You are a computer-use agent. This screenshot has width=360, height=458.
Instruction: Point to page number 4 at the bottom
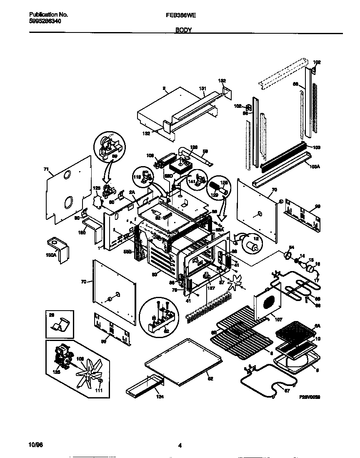click(180, 446)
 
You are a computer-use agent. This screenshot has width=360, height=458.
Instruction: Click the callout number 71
click(46, 169)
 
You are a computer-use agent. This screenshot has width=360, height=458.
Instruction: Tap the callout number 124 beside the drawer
click(160, 397)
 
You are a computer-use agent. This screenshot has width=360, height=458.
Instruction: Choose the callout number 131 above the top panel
click(202, 88)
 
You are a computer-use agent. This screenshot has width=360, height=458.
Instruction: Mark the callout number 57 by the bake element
click(287, 391)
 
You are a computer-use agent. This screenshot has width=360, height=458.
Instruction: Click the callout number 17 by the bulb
click(317, 280)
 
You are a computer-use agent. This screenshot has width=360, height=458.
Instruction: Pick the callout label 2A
click(132, 192)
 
